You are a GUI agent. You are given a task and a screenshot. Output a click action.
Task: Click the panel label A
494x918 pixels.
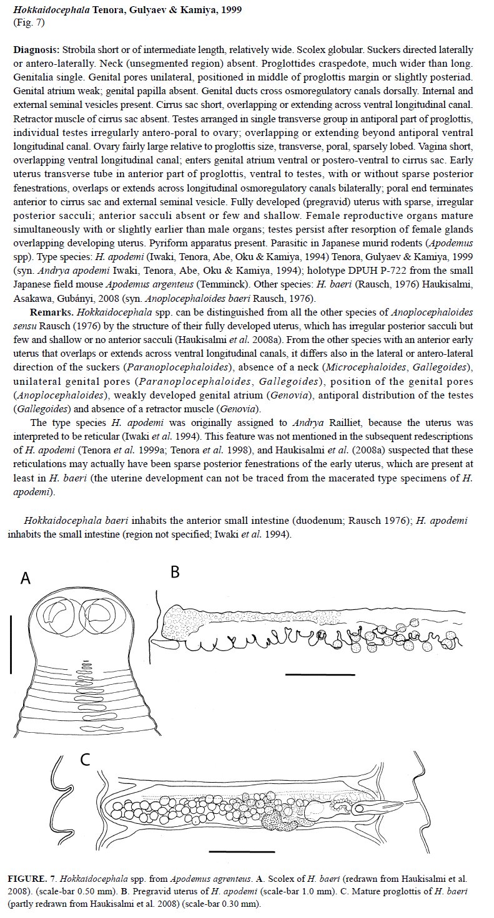point(26,578)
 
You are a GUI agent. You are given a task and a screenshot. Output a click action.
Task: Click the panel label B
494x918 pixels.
point(175,572)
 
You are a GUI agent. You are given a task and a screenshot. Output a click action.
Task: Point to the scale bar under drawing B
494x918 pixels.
point(320,675)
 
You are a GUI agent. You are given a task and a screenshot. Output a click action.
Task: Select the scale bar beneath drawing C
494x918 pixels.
point(242,851)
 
